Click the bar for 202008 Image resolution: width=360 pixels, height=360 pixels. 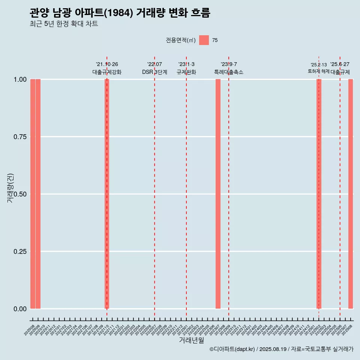pyautogui.click(x=33, y=194)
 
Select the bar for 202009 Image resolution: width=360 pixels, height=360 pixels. pyautogui.click(x=38, y=194)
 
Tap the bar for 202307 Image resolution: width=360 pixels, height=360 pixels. pyautogui.click(x=218, y=194)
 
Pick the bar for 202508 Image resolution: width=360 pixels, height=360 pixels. pyautogui.click(x=351, y=194)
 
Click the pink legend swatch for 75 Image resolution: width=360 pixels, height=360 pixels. pyautogui.click(x=204, y=40)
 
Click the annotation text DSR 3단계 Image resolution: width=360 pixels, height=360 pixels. pyautogui.click(x=154, y=72)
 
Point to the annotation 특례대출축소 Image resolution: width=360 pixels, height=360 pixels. pyautogui.click(x=229, y=72)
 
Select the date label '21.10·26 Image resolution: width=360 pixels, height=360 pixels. pyautogui.click(x=107, y=64)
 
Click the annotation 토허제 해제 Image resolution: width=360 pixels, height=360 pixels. pyautogui.click(x=319, y=71)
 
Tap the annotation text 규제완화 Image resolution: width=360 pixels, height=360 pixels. pyautogui.click(x=186, y=72)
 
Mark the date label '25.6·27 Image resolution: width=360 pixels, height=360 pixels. pyautogui.click(x=340, y=64)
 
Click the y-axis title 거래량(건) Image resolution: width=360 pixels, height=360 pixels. pyautogui.click(x=10, y=188)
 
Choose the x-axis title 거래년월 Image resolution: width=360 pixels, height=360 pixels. pyautogui.click(x=191, y=340)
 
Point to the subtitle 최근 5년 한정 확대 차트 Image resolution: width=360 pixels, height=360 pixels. pyautogui.click(x=64, y=24)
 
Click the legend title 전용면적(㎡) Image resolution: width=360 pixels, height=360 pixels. pyautogui.click(x=180, y=40)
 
